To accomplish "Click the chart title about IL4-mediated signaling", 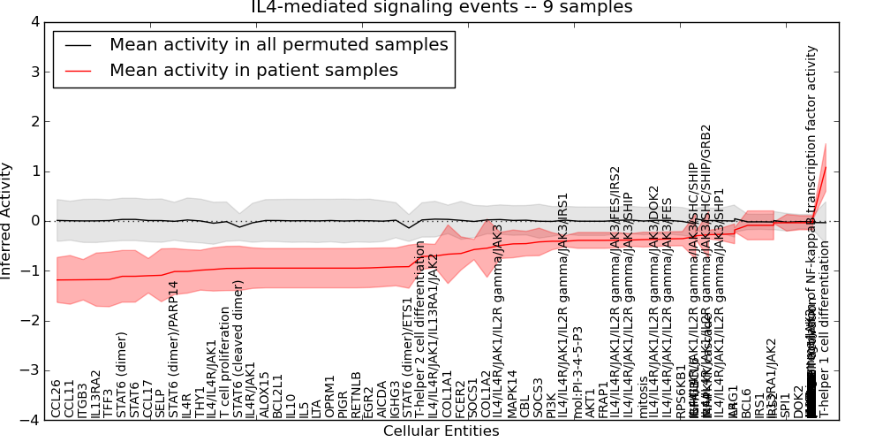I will [441, 7].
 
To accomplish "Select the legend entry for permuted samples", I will [278, 44].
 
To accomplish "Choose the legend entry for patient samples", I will [253, 70].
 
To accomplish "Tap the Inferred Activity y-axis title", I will [7, 220].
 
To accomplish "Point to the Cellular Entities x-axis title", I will [441, 431].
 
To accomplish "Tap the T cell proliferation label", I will [225, 367].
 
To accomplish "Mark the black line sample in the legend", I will [78, 44].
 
